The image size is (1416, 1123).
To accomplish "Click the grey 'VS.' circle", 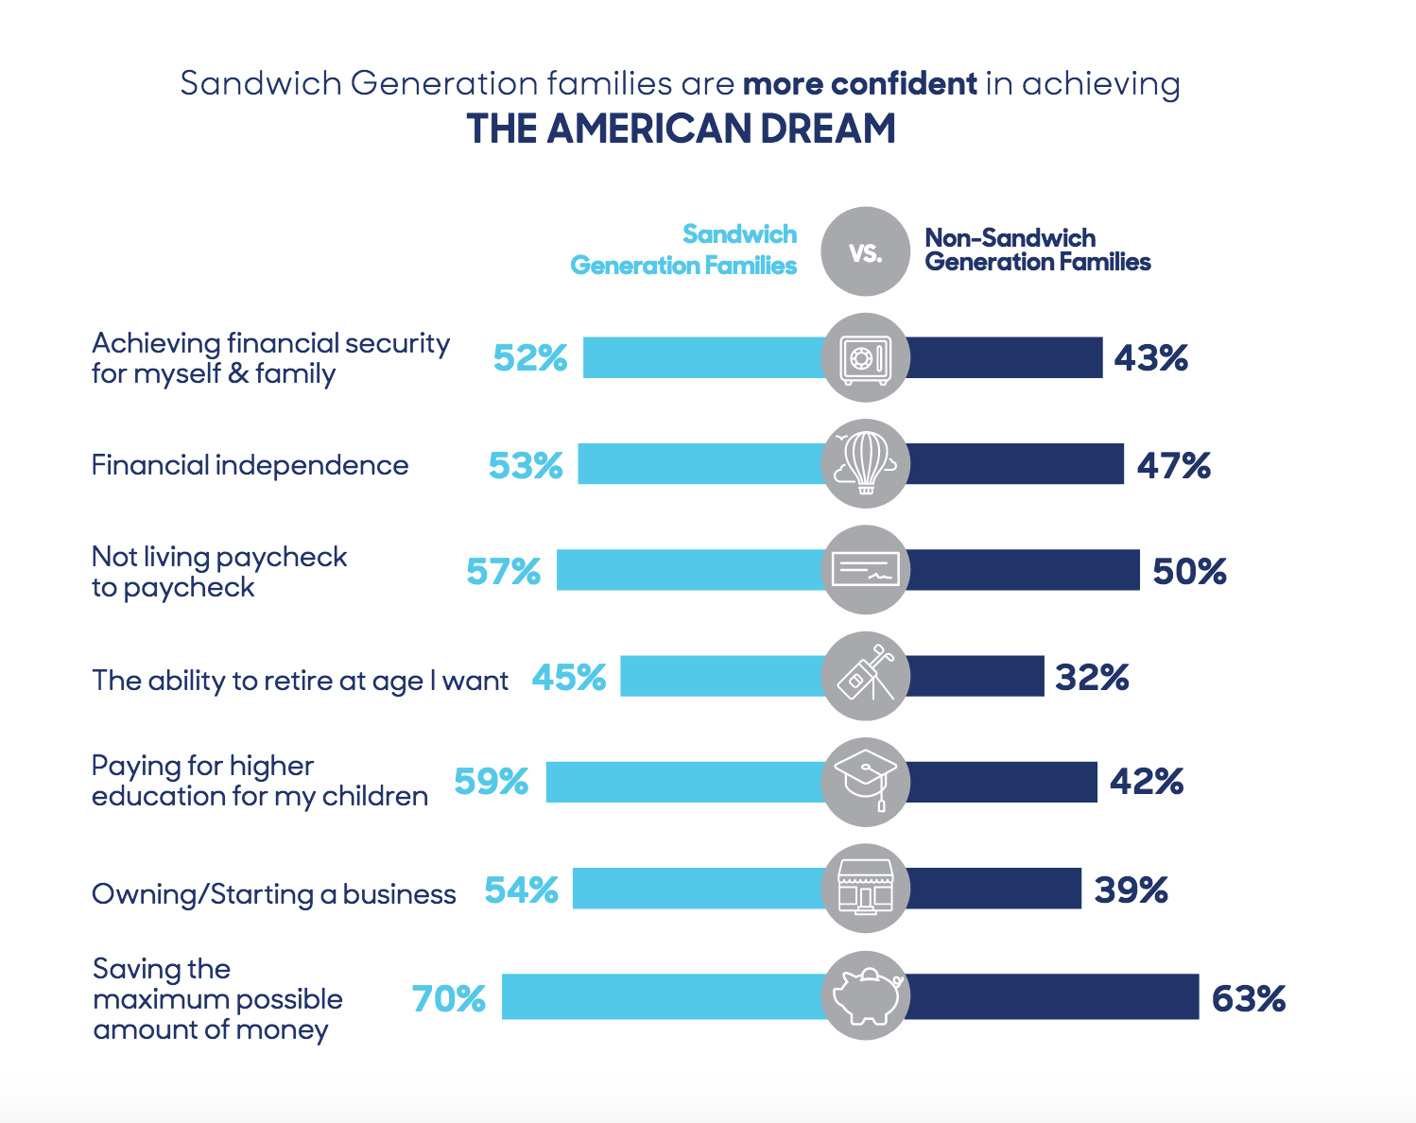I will point(865,251).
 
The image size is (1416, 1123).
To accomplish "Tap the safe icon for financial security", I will point(865,358).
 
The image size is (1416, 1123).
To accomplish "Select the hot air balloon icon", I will point(865,464).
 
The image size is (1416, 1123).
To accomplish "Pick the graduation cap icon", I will point(865,782).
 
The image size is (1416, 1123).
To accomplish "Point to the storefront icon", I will point(865,889).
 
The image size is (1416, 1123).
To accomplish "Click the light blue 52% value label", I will point(530,358).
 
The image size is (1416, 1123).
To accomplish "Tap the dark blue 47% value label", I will point(1173,465).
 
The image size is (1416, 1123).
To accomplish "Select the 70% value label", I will point(449,998).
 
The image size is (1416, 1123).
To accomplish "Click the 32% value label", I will point(1092,677).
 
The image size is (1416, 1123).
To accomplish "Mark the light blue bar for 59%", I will point(684,782).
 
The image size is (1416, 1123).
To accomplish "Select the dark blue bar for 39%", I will point(993,889).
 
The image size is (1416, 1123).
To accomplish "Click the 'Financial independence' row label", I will point(250,465).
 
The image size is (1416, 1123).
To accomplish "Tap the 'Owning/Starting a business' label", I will point(273,894).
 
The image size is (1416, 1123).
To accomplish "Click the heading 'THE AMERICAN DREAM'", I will point(681,129).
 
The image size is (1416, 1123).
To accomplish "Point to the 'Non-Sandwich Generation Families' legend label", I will point(1037,250).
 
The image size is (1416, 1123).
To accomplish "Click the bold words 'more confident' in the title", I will point(859,84).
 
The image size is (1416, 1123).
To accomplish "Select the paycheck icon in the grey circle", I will point(865,570).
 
